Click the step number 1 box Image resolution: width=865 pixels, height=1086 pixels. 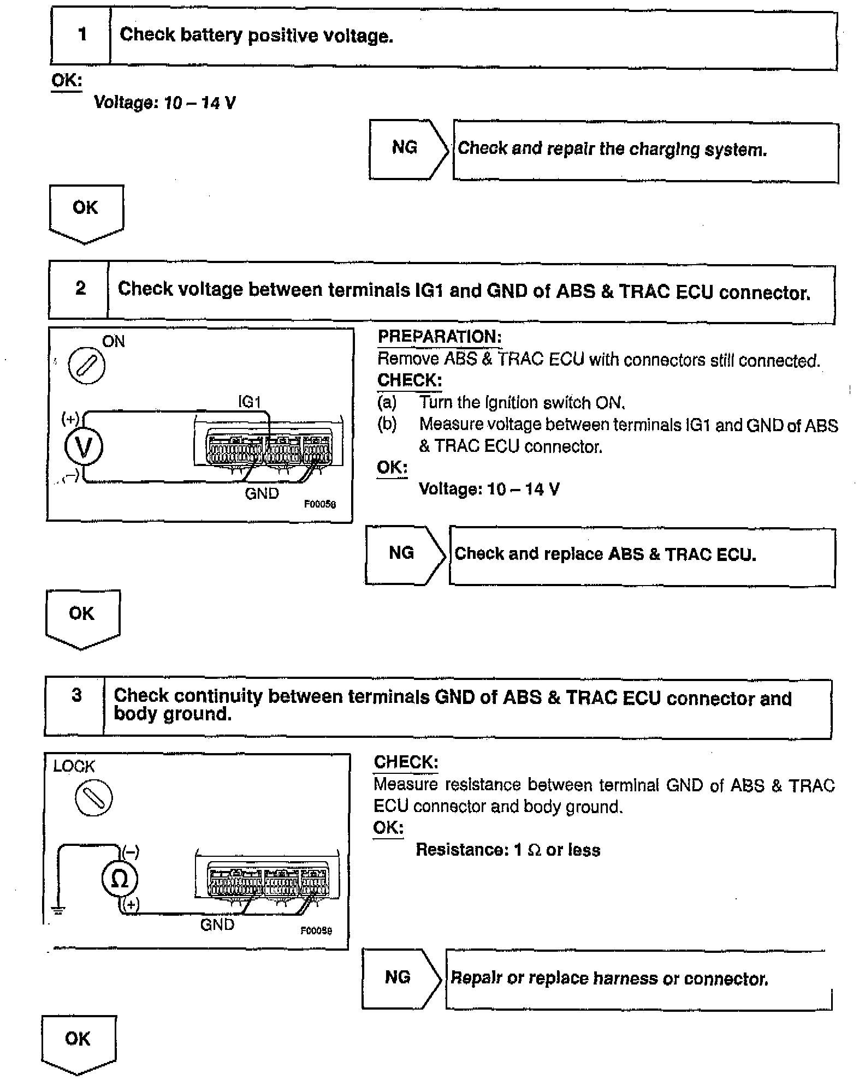click(81, 35)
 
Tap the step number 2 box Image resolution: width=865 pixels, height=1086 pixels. click(80, 289)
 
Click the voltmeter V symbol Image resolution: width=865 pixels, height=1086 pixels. click(84, 447)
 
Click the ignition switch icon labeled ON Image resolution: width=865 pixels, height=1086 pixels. click(86, 365)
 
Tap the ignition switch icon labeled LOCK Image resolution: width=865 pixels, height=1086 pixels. click(93, 798)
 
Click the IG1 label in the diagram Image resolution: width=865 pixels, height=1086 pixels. click(250, 402)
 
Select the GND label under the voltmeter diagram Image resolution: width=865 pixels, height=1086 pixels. click(262, 493)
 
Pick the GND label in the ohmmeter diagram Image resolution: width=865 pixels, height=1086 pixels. click(217, 924)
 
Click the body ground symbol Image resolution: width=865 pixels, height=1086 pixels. click(58, 910)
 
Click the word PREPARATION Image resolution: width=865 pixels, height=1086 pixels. click(439, 337)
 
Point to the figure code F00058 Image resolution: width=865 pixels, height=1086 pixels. click(320, 504)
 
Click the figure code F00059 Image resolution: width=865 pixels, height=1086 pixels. click(316, 930)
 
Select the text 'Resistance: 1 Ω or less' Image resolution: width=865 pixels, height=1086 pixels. click(508, 850)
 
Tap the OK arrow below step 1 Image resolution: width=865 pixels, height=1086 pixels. click(86, 213)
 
